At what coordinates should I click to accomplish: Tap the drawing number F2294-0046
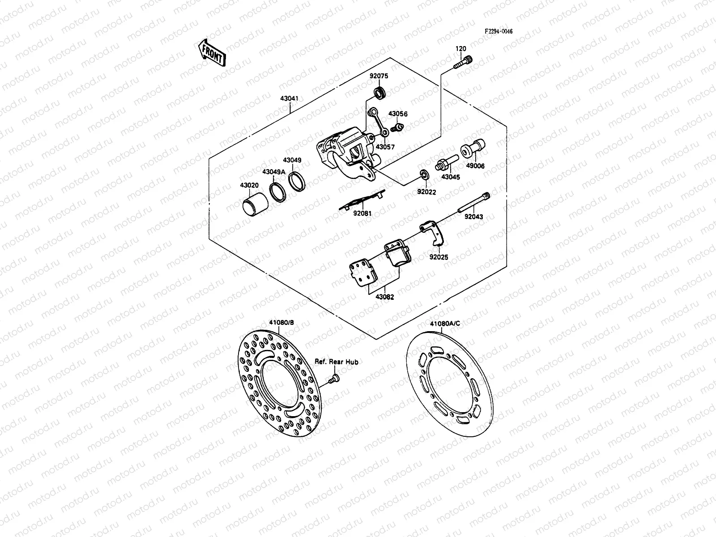pos(499,32)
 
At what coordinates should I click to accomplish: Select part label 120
pos(460,49)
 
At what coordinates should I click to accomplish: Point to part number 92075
pos(379,76)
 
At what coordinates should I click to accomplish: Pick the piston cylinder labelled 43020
pos(255,204)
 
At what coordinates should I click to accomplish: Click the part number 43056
pos(398,114)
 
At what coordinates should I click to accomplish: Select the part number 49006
pos(475,166)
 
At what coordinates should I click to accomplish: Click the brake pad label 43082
pos(384,297)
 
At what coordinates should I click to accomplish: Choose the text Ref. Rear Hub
pos(337,362)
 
